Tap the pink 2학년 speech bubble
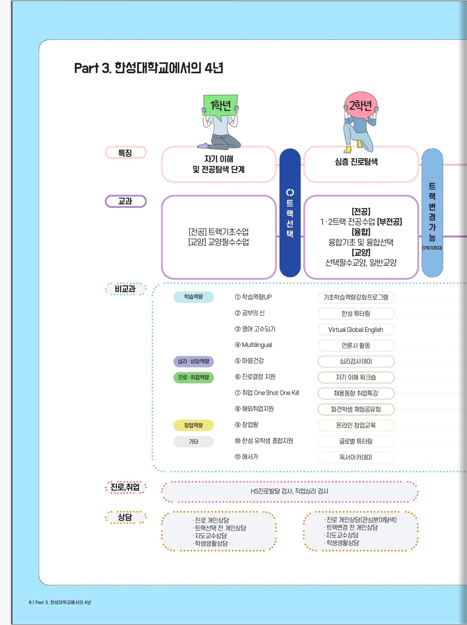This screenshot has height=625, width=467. click(360, 105)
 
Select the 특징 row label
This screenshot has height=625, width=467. click(126, 153)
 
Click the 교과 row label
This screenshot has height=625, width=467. click(126, 201)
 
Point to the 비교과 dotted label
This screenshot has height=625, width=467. click(126, 289)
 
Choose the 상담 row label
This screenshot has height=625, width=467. click(126, 517)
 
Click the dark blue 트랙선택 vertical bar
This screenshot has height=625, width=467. click(290, 213)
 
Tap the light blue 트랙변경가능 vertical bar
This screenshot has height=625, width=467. click(432, 213)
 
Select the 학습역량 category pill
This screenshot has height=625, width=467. click(194, 297)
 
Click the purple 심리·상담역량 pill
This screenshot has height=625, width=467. click(194, 361)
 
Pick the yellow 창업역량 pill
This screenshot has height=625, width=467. click(194, 425)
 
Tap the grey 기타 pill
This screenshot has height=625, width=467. click(194, 441)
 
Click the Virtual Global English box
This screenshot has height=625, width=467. click(356, 330)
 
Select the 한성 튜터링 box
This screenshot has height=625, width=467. click(356, 313)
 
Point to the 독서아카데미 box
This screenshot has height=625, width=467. click(356, 457)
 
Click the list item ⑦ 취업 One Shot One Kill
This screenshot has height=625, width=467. click(267, 393)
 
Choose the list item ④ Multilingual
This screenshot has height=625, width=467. click(253, 345)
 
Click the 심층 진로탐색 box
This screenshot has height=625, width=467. click(361, 164)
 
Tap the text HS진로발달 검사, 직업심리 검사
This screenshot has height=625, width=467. click(290, 491)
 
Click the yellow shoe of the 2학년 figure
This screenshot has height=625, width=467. click(348, 149)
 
